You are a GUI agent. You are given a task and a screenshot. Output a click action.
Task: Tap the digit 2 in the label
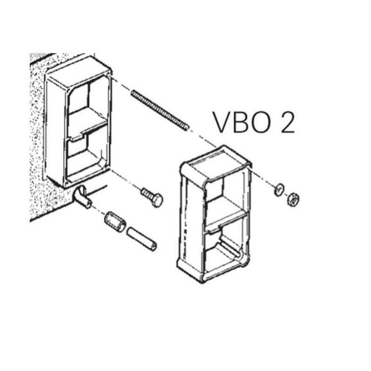pyautogui.click(x=288, y=122)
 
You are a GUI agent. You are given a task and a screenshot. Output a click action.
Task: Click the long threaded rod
pyautogui.click(x=160, y=110)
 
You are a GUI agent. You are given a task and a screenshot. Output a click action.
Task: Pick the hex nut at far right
pyautogui.click(x=294, y=199)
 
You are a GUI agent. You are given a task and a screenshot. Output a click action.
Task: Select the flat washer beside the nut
pyautogui.click(x=280, y=189)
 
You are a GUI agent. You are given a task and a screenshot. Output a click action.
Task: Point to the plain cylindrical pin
pyautogui.click(x=141, y=239)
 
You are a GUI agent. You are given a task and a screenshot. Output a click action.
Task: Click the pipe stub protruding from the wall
pyautogui.click(x=83, y=197)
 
